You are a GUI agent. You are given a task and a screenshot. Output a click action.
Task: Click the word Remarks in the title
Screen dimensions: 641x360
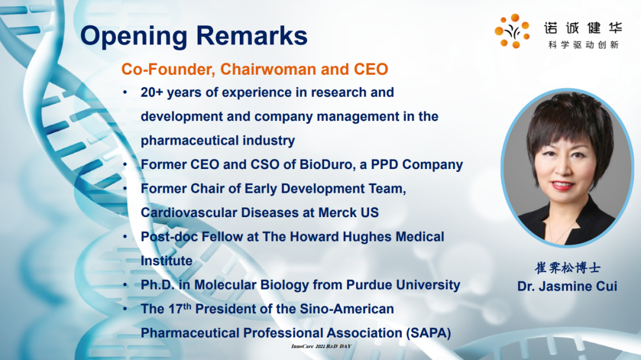[x=252, y=36]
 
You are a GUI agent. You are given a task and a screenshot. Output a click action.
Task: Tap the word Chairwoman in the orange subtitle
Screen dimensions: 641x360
[x=268, y=69]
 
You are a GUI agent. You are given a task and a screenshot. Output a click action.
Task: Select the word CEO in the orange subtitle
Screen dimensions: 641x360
[x=371, y=69]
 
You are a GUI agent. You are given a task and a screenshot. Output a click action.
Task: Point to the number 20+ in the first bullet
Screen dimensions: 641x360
[x=152, y=93]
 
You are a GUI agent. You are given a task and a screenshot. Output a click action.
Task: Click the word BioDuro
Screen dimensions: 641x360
[x=326, y=164]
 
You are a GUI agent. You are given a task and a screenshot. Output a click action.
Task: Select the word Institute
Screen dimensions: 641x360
[x=166, y=261]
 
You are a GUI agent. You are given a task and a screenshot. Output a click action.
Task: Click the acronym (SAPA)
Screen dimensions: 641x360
[x=429, y=333]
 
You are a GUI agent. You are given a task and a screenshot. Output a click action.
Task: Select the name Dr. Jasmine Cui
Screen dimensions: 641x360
[x=567, y=286]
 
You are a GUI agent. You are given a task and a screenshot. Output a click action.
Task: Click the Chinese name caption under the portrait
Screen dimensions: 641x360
[x=567, y=267]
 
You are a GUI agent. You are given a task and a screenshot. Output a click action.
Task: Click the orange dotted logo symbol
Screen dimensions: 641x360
[x=512, y=31]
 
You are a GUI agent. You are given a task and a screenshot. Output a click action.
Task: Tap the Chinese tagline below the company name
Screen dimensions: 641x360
[x=583, y=44]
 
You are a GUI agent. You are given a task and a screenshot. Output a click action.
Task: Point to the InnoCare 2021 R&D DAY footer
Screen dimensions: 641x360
[x=321, y=346]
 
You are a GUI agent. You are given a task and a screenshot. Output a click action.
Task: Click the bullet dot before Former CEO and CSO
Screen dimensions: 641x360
[x=125, y=164]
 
